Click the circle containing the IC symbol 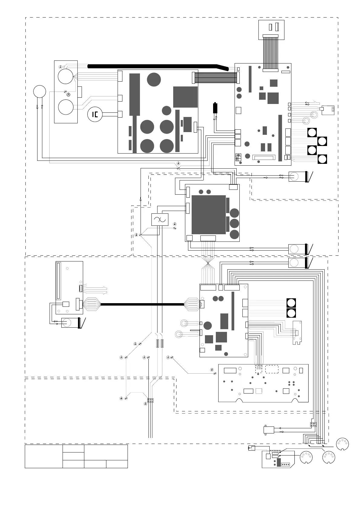(95, 115)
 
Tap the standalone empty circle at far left (40, 91)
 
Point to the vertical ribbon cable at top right (270, 53)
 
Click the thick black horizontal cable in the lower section (142, 304)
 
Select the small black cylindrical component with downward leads (216, 108)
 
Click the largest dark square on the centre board (209, 215)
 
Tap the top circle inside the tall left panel (66, 76)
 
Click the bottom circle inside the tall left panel (66, 107)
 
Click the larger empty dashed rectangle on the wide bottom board (272, 369)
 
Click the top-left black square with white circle (312, 132)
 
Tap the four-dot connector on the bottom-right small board (285, 464)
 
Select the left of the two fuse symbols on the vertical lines (157, 343)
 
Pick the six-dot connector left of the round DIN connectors (313, 425)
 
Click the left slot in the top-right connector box (271, 27)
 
